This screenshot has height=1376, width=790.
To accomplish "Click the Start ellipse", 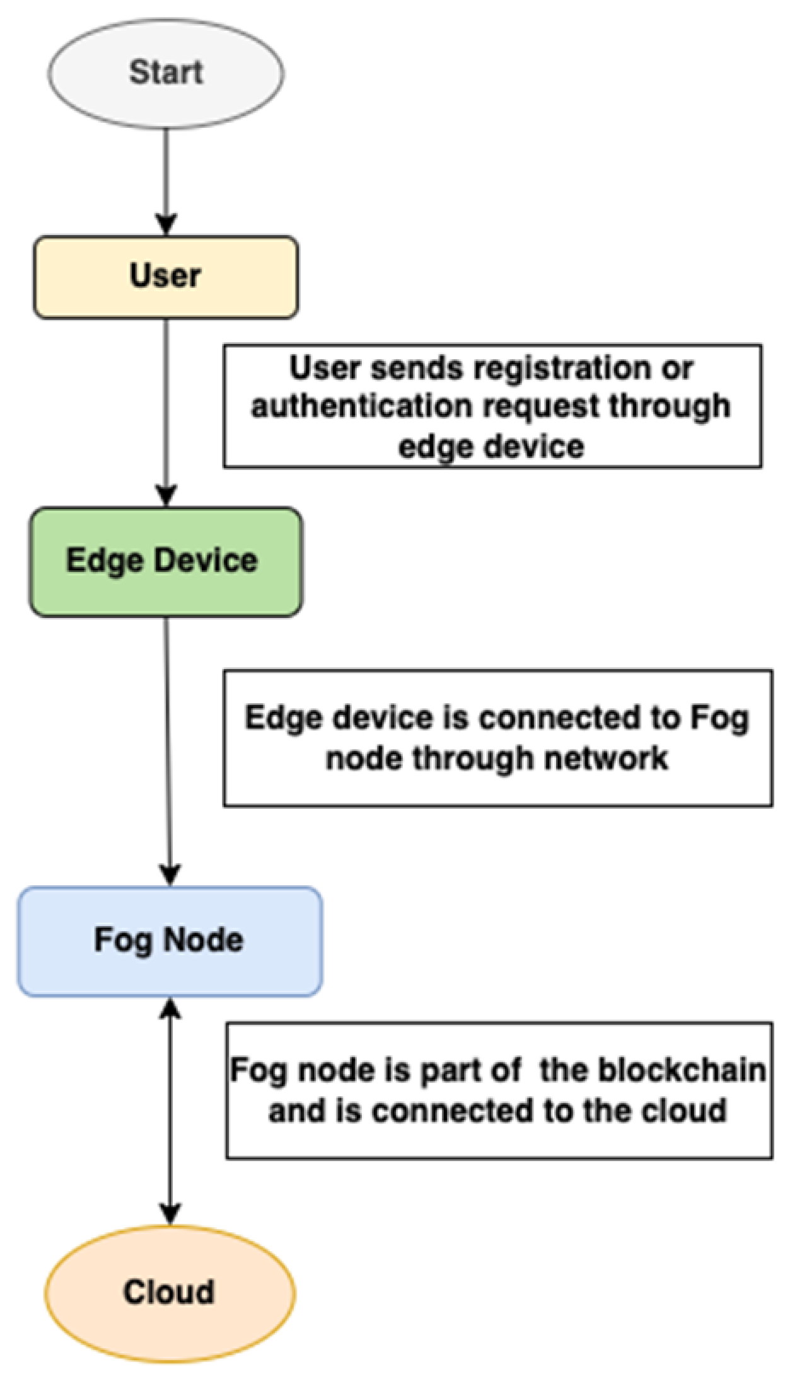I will pos(166,73).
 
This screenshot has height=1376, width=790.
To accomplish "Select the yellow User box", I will pos(166,277).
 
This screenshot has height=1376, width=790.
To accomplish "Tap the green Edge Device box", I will pos(166,561).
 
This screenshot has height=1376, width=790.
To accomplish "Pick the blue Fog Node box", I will pos(170,941).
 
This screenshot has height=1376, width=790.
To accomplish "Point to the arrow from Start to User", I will pos(166,176).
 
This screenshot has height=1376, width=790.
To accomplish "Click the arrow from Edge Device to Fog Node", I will pos(168,743).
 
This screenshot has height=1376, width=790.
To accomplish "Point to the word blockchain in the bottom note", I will pos(682,1070).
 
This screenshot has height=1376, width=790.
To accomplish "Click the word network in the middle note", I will pos(605,758).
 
